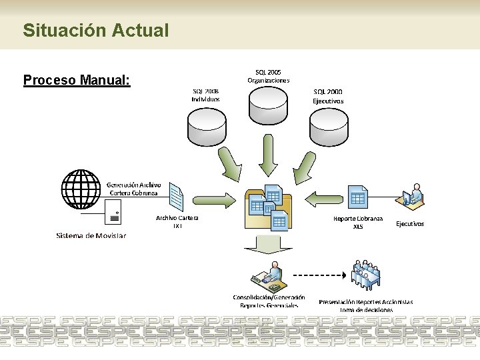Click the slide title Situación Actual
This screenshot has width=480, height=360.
tap(95, 30)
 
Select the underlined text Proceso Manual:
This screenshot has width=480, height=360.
tap(77, 81)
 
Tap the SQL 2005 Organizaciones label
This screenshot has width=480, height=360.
tap(269, 75)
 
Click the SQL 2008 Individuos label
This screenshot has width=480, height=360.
tap(205, 95)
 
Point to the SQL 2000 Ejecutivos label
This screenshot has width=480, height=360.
tap(328, 96)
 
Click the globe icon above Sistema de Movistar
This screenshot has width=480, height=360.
tap(83, 190)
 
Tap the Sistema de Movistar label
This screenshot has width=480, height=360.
tap(91, 235)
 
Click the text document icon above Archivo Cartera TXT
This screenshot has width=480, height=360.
tap(176, 197)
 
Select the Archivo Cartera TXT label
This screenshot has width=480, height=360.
tap(177, 221)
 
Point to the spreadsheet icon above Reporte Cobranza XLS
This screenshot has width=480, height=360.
tap(358, 197)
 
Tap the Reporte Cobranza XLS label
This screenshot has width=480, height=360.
tap(359, 222)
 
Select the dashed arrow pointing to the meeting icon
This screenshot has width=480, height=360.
tap(322, 275)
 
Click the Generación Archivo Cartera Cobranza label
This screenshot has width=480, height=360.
tap(133, 189)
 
